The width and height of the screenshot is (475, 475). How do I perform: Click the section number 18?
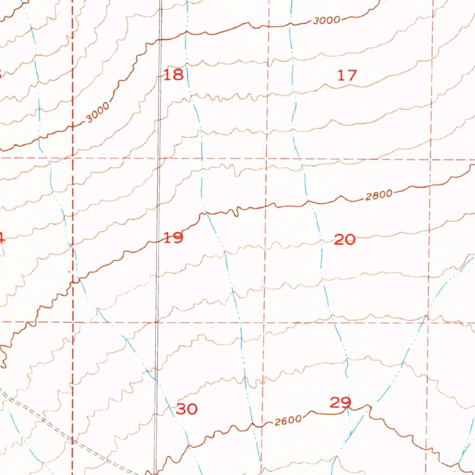click(x=174, y=74)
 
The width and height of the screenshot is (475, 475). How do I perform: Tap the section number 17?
click(x=347, y=75)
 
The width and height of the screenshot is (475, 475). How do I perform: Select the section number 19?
click(x=173, y=238)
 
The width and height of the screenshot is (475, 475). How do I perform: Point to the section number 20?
click(x=345, y=239)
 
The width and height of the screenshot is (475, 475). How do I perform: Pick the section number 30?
click(x=187, y=409)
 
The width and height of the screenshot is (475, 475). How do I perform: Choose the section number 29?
click(x=340, y=402)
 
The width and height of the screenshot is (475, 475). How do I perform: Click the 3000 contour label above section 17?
click(x=327, y=20)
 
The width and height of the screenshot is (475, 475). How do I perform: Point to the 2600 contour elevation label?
click(x=288, y=421)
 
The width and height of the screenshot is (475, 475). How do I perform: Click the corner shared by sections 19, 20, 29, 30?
click(x=264, y=321)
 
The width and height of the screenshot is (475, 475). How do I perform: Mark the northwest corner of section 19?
click(x=72, y=158)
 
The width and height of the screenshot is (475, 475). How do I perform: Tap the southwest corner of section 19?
click(x=73, y=321)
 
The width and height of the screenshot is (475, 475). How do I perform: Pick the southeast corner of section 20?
click(x=428, y=321)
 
